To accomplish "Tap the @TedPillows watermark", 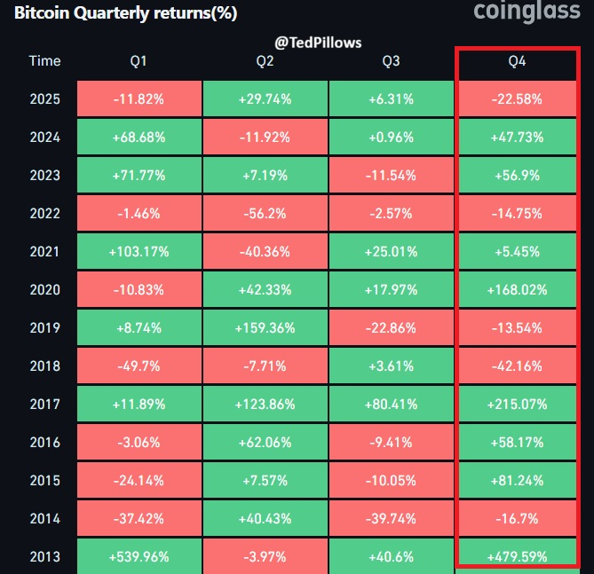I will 316,42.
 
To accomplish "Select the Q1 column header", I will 139,61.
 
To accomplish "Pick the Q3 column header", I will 391,61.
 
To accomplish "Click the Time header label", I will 44,61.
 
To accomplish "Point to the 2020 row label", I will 44,289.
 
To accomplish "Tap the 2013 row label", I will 44,556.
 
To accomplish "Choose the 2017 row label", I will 44,404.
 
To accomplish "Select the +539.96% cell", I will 139,556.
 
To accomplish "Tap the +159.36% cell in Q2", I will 265,327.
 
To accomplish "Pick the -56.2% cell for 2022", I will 265,213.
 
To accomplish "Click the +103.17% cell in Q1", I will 139,251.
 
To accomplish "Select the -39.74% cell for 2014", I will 391,518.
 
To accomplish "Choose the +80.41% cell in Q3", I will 391,404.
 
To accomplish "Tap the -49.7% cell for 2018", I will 139,366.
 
